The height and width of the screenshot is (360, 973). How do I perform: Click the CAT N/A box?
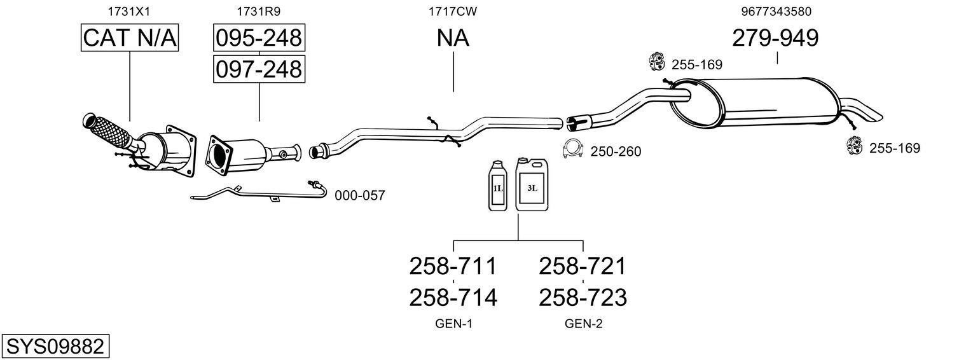point(130,38)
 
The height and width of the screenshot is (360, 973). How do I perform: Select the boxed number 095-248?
point(258,38)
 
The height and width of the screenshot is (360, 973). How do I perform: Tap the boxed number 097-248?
point(258,68)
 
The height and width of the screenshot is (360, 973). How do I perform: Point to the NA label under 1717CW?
point(453,38)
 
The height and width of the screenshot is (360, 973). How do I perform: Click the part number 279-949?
point(775,38)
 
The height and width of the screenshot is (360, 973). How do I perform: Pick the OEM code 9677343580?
point(776,11)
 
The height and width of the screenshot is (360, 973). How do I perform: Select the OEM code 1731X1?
point(130,11)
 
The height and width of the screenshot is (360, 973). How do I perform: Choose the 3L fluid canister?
point(532,184)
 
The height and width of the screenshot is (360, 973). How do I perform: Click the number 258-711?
point(453,266)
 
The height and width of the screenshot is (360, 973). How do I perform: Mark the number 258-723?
point(583,297)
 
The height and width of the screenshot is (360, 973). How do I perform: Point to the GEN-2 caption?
point(583,324)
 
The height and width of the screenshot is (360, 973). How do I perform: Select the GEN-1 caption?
point(453,324)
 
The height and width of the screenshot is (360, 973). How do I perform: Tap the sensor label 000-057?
point(360,196)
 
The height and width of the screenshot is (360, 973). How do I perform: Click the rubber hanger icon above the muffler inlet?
point(656,61)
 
